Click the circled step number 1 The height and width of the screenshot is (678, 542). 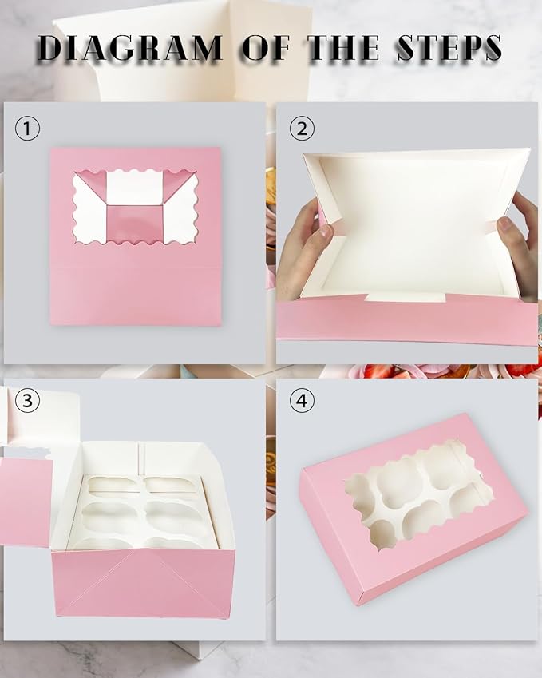(x=28, y=128)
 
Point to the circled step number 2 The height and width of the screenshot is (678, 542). (x=301, y=128)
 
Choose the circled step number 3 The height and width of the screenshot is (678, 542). (x=28, y=400)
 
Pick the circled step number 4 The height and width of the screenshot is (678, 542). (x=301, y=400)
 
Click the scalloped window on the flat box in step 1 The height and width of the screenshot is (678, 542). (x=135, y=207)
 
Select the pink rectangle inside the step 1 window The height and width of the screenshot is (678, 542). (x=135, y=223)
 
